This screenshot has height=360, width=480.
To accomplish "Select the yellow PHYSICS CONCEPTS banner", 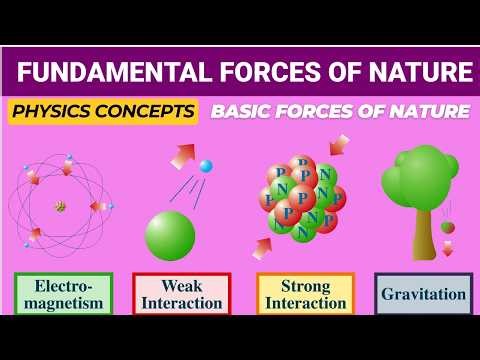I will [x=102, y=111].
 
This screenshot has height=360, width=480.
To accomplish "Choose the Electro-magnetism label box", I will [x=63, y=294].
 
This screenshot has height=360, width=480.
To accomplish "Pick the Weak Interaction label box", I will [x=181, y=294].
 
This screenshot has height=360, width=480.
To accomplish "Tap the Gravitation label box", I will [x=424, y=294].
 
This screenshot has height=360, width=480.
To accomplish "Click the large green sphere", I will [x=170, y=236].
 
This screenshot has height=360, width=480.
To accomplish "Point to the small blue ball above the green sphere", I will [x=206, y=166].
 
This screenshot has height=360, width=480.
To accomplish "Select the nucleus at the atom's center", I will [x=60, y=207].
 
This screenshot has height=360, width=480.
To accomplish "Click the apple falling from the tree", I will [x=447, y=227].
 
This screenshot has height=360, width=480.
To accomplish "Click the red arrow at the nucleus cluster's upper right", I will [x=339, y=146].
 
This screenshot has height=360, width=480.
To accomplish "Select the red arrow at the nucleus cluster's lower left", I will [x=264, y=246].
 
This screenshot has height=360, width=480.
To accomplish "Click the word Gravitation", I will [x=424, y=294].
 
